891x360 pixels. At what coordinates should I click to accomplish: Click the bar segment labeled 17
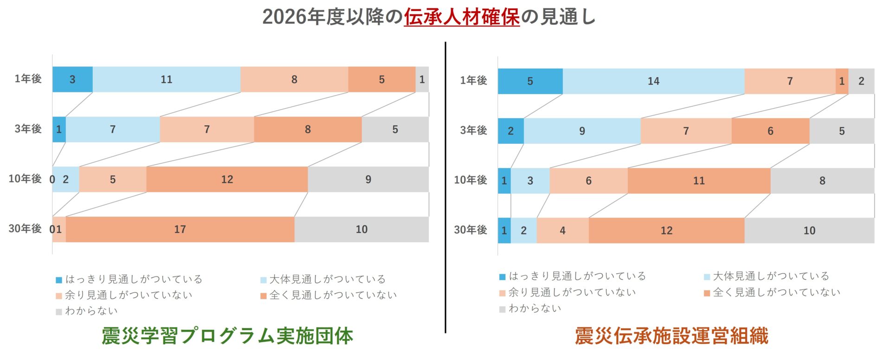click(x=180, y=229)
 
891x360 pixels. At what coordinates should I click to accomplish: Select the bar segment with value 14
click(x=653, y=81)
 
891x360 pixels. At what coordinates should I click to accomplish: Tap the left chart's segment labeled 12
click(x=226, y=180)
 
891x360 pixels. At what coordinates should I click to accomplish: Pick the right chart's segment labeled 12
click(x=666, y=231)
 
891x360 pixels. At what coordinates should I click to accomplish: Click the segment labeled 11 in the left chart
click(x=166, y=79)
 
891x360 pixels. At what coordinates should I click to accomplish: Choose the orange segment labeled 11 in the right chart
click(x=698, y=181)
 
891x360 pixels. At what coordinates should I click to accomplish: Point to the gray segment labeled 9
click(x=368, y=180)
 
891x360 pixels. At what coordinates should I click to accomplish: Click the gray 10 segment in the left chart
click(x=361, y=229)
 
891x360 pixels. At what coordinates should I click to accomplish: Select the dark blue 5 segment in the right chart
click(x=529, y=81)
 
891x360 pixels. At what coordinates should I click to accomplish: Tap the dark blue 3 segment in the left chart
click(x=72, y=79)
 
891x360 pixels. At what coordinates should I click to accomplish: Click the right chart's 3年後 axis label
click(x=473, y=130)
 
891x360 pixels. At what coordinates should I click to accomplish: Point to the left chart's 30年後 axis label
click(x=25, y=229)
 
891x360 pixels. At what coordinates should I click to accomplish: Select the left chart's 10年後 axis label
click(x=25, y=179)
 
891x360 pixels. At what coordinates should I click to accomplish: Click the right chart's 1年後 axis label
click(x=473, y=80)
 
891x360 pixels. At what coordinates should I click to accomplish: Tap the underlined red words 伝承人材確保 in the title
click(x=461, y=17)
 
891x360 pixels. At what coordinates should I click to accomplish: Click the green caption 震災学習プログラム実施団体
click(x=227, y=335)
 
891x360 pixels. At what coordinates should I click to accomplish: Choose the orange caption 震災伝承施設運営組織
click(x=671, y=335)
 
